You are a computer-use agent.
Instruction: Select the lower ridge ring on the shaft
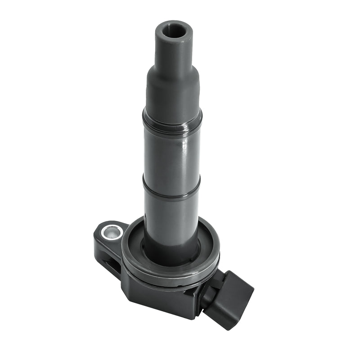click(171, 189)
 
